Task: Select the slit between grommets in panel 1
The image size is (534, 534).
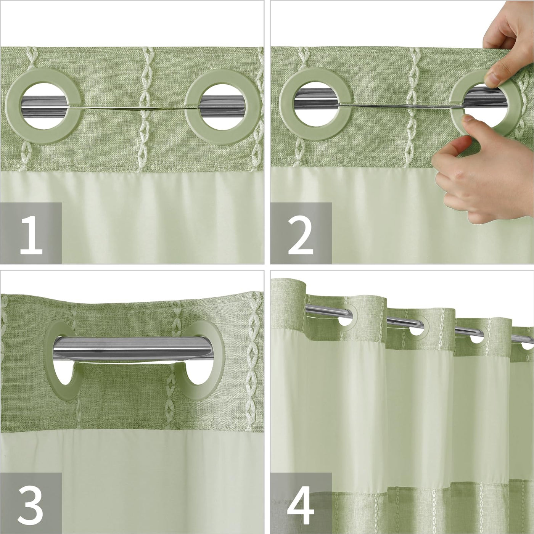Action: point(133,108)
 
